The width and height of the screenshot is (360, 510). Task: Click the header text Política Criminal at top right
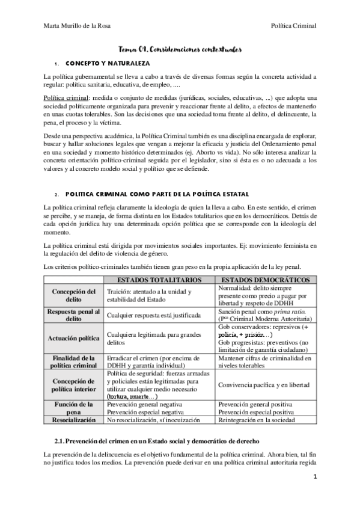(294, 25)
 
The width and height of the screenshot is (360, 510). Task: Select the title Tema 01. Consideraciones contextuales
(180, 52)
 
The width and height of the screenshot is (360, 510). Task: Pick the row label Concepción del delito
(75, 295)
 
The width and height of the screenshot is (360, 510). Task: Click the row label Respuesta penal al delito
(75, 315)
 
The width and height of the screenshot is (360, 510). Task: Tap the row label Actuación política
(75, 339)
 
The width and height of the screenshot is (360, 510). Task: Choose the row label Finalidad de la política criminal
(75, 362)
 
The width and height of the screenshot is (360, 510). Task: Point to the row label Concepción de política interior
(75, 384)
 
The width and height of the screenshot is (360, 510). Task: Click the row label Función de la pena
(75, 409)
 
